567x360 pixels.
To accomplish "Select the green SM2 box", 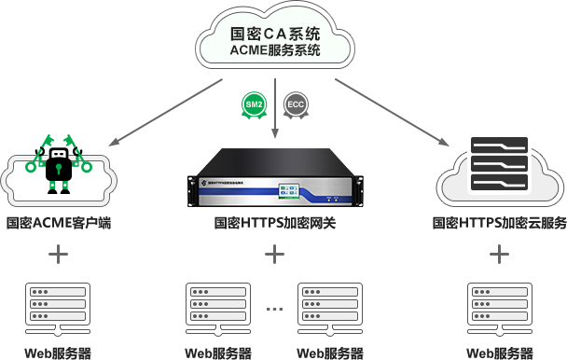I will (x=254, y=104).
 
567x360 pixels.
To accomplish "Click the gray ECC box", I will (x=296, y=104).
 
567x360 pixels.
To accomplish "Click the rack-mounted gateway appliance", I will (x=274, y=181).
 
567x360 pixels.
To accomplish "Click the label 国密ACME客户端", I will (x=59, y=224).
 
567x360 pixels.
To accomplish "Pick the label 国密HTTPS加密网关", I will (x=274, y=224).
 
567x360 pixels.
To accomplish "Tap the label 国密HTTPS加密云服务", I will (x=500, y=224).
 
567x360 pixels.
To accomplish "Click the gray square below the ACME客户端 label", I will (x=58, y=255).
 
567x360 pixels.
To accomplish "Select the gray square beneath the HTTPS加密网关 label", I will (x=274, y=255).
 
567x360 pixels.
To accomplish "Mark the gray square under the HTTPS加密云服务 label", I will (x=500, y=255).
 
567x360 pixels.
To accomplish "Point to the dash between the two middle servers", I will (x=274, y=308).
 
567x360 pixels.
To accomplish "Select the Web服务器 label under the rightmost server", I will (x=500, y=353).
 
